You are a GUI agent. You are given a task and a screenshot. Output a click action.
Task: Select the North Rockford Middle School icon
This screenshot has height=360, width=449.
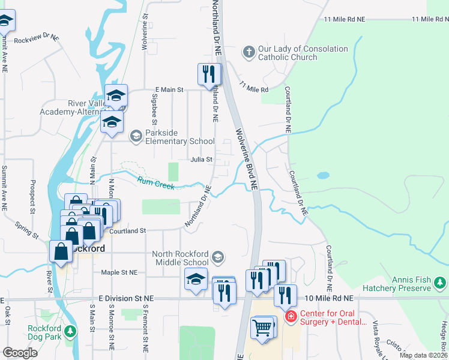click(x=218, y=257)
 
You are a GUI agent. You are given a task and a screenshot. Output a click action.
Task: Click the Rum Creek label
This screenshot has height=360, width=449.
click(x=156, y=183)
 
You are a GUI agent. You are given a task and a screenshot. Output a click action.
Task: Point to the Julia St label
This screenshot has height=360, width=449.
click(x=202, y=160)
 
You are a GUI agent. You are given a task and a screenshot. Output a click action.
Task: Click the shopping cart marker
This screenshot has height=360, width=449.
click(x=263, y=328)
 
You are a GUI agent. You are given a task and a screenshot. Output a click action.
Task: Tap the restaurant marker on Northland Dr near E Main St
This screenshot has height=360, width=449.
click(x=208, y=74)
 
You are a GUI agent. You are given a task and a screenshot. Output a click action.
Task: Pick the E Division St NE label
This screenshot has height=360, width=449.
click(x=127, y=298)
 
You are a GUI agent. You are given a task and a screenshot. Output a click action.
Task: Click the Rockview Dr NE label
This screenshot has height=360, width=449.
click(x=37, y=38)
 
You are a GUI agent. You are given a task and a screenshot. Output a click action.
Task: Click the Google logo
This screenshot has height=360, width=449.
click(x=20, y=353)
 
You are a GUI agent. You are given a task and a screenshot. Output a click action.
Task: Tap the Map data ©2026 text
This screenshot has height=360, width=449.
click(x=423, y=355)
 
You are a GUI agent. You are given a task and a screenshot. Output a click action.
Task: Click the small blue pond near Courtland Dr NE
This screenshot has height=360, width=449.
click(x=323, y=176)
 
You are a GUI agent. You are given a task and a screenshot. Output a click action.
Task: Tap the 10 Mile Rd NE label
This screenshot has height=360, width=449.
click(x=331, y=298)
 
